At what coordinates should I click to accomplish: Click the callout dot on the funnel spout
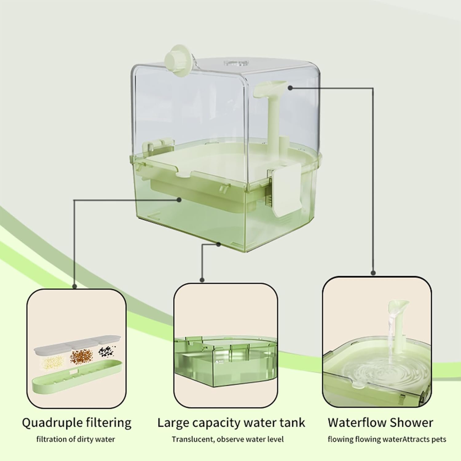pos(290,88)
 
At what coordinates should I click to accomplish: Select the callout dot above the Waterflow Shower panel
pos(373,273)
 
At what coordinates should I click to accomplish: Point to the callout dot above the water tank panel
pos(202,280)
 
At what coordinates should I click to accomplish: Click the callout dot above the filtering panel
pos(74,286)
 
